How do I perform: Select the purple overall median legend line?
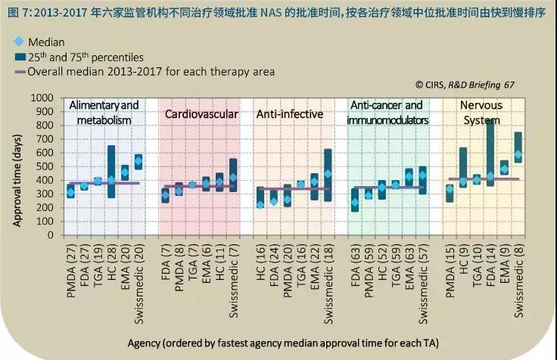pyautogui.click(x=18, y=72)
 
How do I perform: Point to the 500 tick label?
pyautogui.click(x=45, y=166)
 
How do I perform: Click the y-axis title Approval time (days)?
pyautogui.click(x=16, y=166)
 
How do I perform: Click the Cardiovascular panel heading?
pyautogui.click(x=201, y=114)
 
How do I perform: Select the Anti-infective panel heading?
pyautogui.click(x=290, y=114)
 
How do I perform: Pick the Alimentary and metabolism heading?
pyautogui.click(x=104, y=112)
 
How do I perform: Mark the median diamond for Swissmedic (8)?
pyautogui.click(x=518, y=154)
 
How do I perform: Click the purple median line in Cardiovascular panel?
pyautogui.click(x=200, y=186)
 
